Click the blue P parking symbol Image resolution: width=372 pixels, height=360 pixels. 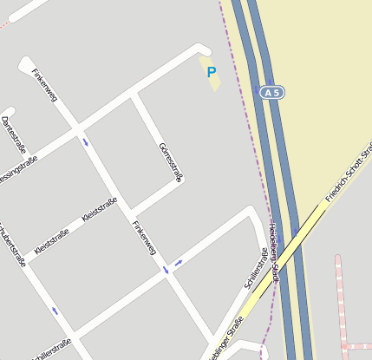(x=211, y=73)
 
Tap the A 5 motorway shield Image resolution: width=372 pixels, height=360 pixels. (x=272, y=91)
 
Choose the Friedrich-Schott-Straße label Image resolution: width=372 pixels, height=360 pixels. (x=349, y=169)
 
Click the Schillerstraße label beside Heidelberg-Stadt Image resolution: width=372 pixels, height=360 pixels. (x=257, y=269)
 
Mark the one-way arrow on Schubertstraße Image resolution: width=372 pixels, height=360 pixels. (x=54, y=310)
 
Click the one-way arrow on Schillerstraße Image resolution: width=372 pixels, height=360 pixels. (x=179, y=262)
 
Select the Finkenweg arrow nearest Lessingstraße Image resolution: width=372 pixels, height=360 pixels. (x=85, y=141)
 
